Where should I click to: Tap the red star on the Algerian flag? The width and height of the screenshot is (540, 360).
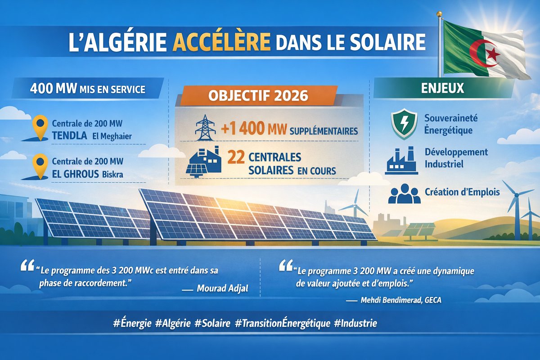pyautogui.click(x=494, y=55)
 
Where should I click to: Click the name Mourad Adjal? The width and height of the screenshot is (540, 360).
pyautogui.click(x=222, y=288)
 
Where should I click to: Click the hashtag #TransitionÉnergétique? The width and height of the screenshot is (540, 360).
pyautogui.click(x=283, y=323)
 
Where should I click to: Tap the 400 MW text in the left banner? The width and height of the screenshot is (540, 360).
pyautogui.click(x=47, y=89)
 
